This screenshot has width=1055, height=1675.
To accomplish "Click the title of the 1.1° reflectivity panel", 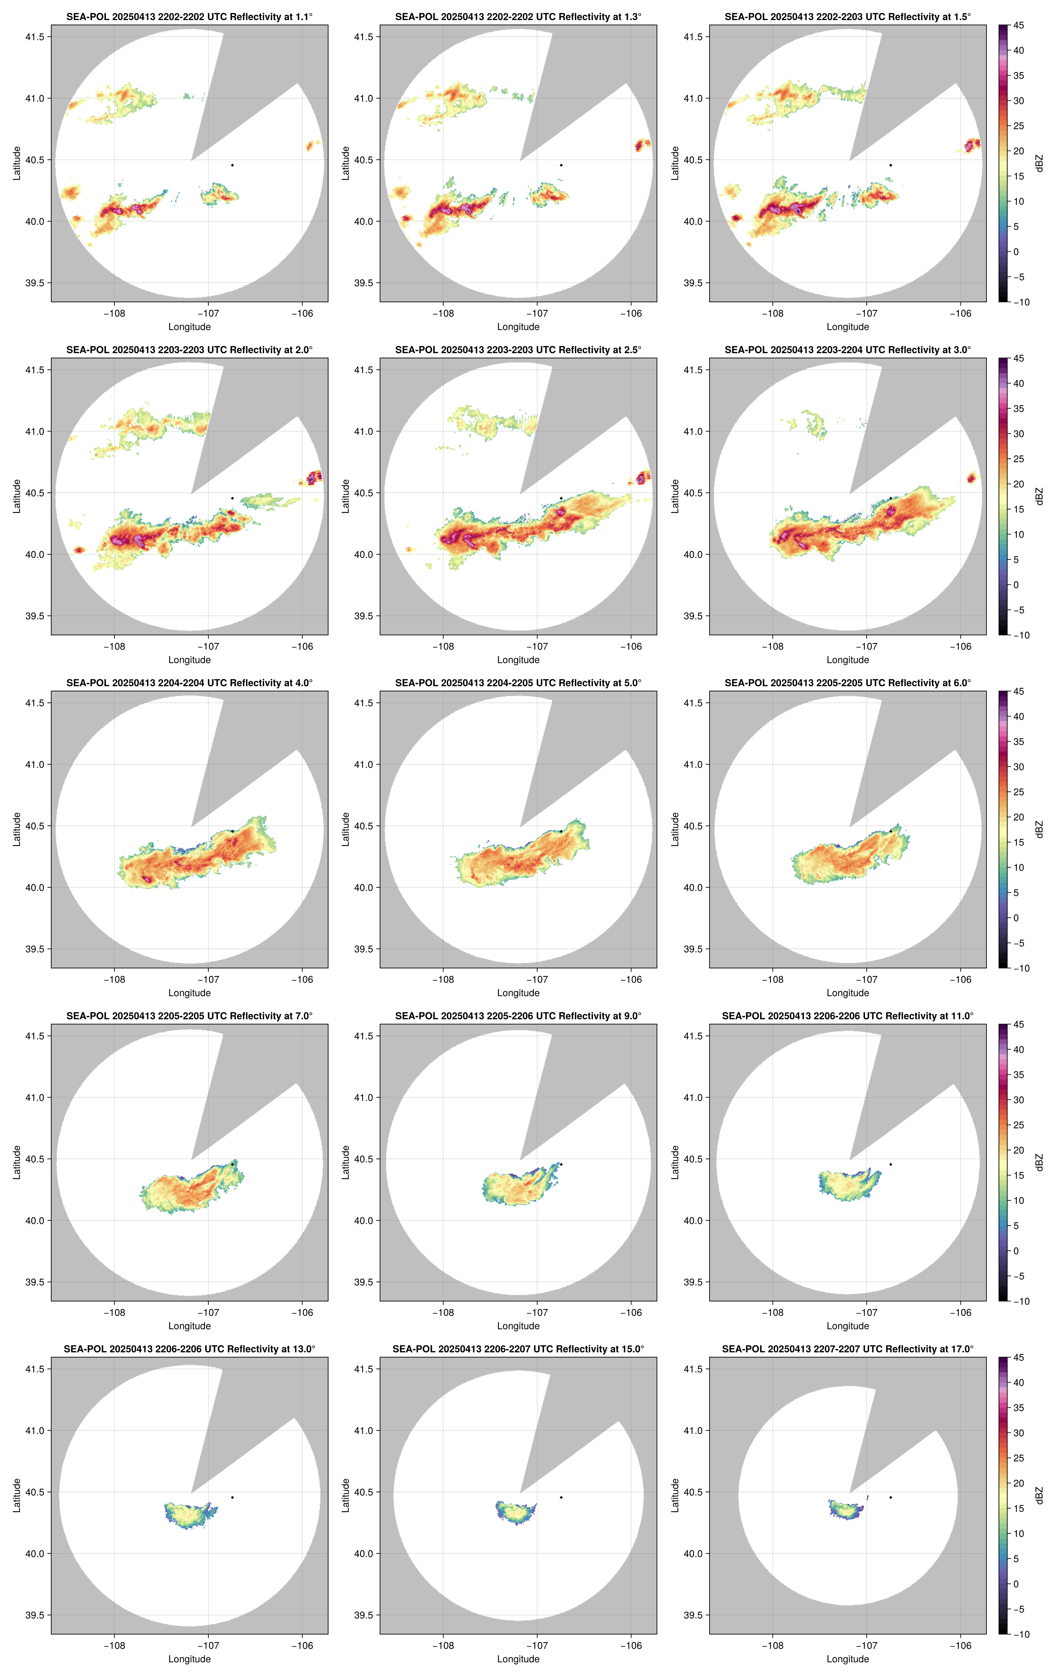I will click(189, 17).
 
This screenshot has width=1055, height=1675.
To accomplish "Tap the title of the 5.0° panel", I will click(518, 683).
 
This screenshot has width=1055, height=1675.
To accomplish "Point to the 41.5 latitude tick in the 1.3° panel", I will click(364, 37).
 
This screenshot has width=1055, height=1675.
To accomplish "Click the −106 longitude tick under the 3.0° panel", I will click(961, 646).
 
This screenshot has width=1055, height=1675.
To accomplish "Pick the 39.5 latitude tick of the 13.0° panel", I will click(35, 1615).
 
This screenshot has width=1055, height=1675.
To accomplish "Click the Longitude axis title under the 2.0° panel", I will click(189, 660).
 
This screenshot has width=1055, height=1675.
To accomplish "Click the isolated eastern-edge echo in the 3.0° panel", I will click(972, 477).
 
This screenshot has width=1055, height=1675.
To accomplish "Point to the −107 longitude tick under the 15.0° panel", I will click(537, 1646).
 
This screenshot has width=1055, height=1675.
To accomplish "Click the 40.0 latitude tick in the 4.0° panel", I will click(35, 888).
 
